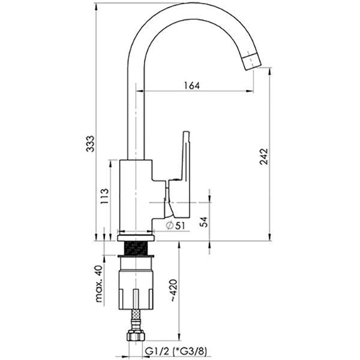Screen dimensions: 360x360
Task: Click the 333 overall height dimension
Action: (90, 144)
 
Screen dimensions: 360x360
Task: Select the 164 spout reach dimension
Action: (192, 86)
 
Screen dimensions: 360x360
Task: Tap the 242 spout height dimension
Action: (264, 157)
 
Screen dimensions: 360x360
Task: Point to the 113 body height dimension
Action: (104, 196)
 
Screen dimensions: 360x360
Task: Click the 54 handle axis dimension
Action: (203, 222)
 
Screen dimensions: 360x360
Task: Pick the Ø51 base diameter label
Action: (175, 226)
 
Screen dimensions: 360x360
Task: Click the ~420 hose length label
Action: (173, 290)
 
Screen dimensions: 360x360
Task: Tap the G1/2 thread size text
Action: (157, 351)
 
